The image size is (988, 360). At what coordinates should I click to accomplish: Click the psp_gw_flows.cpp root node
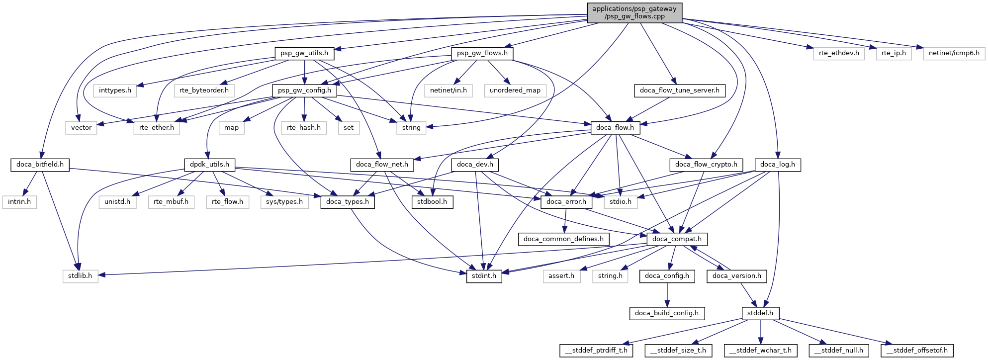tap(634, 12)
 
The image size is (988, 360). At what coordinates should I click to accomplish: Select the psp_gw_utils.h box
tap(304, 53)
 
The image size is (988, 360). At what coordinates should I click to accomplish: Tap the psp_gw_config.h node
tap(304, 90)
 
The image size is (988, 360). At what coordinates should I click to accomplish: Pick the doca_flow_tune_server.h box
tap(679, 90)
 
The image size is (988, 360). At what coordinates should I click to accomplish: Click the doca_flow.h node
tap(615, 128)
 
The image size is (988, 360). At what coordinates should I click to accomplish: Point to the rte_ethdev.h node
tap(839, 53)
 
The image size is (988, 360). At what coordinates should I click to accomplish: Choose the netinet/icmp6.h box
tap(954, 53)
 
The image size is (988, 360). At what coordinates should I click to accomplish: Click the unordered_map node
tap(515, 90)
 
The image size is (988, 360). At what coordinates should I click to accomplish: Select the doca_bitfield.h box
tap(40, 165)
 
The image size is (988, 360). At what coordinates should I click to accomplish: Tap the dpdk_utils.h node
tap(209, 165)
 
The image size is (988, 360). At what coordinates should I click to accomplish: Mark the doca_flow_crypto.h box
tap(706, 165)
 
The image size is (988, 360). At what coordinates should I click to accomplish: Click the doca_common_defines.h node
tap(563, 239)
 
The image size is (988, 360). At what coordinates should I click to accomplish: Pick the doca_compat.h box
tap(677, 239)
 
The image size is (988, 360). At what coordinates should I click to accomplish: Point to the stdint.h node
tap(484, 276)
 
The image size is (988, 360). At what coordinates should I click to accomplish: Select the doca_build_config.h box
tap(667, 313)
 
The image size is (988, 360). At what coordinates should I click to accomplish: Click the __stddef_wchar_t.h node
tap(760, 351)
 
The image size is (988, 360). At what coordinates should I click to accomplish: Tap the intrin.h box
tap(19, 202)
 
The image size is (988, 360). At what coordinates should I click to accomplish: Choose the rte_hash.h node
tap(304, 128)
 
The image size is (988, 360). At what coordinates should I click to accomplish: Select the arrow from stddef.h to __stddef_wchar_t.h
tap(760, 332)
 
